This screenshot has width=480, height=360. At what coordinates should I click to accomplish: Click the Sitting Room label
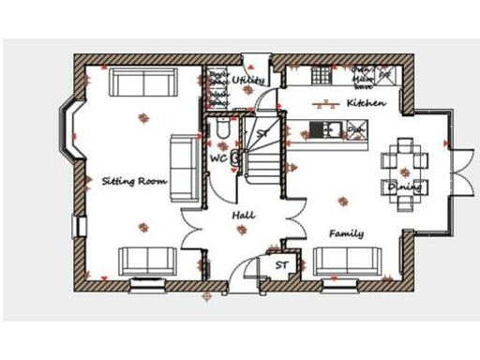point(134,180)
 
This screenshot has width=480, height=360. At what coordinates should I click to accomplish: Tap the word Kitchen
point(365,102)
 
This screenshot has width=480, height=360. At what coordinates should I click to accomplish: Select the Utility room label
point(250,82)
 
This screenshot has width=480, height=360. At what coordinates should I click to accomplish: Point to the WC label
point(217,158)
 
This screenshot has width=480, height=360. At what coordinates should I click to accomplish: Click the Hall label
point(244,216)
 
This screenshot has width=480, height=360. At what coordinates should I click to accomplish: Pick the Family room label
point(346,233)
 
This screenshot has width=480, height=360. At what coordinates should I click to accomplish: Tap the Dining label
point(405,187)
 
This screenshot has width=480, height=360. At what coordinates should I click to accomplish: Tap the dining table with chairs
point(404,164)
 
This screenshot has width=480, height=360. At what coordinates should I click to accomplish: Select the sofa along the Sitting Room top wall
point(142,82)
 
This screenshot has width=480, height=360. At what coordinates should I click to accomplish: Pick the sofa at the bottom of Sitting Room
point(145,260)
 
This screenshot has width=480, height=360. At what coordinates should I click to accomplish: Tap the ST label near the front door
point(281,266)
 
